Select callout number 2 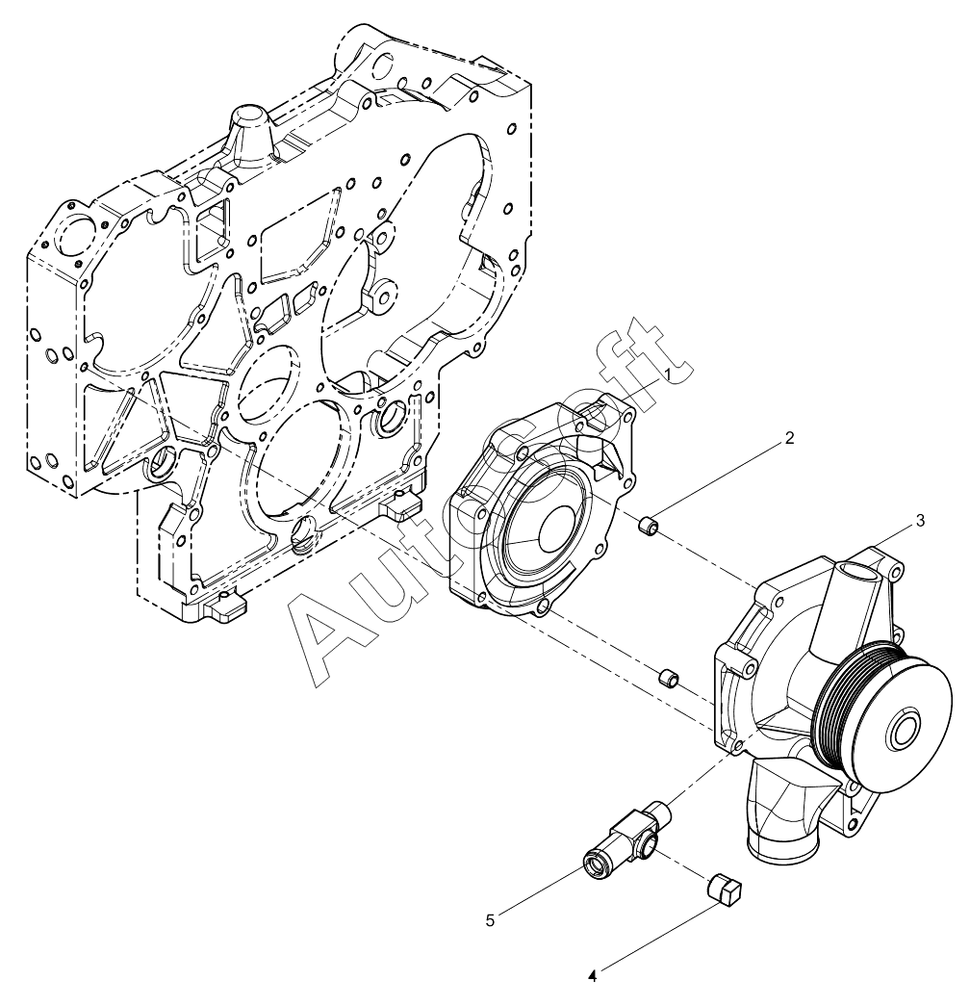(x=789, y=439)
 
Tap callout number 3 (x=920, y=520)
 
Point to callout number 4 (x=593, y=976)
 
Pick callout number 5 (x=490, y=920)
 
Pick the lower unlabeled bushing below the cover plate (x=667, y=679)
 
